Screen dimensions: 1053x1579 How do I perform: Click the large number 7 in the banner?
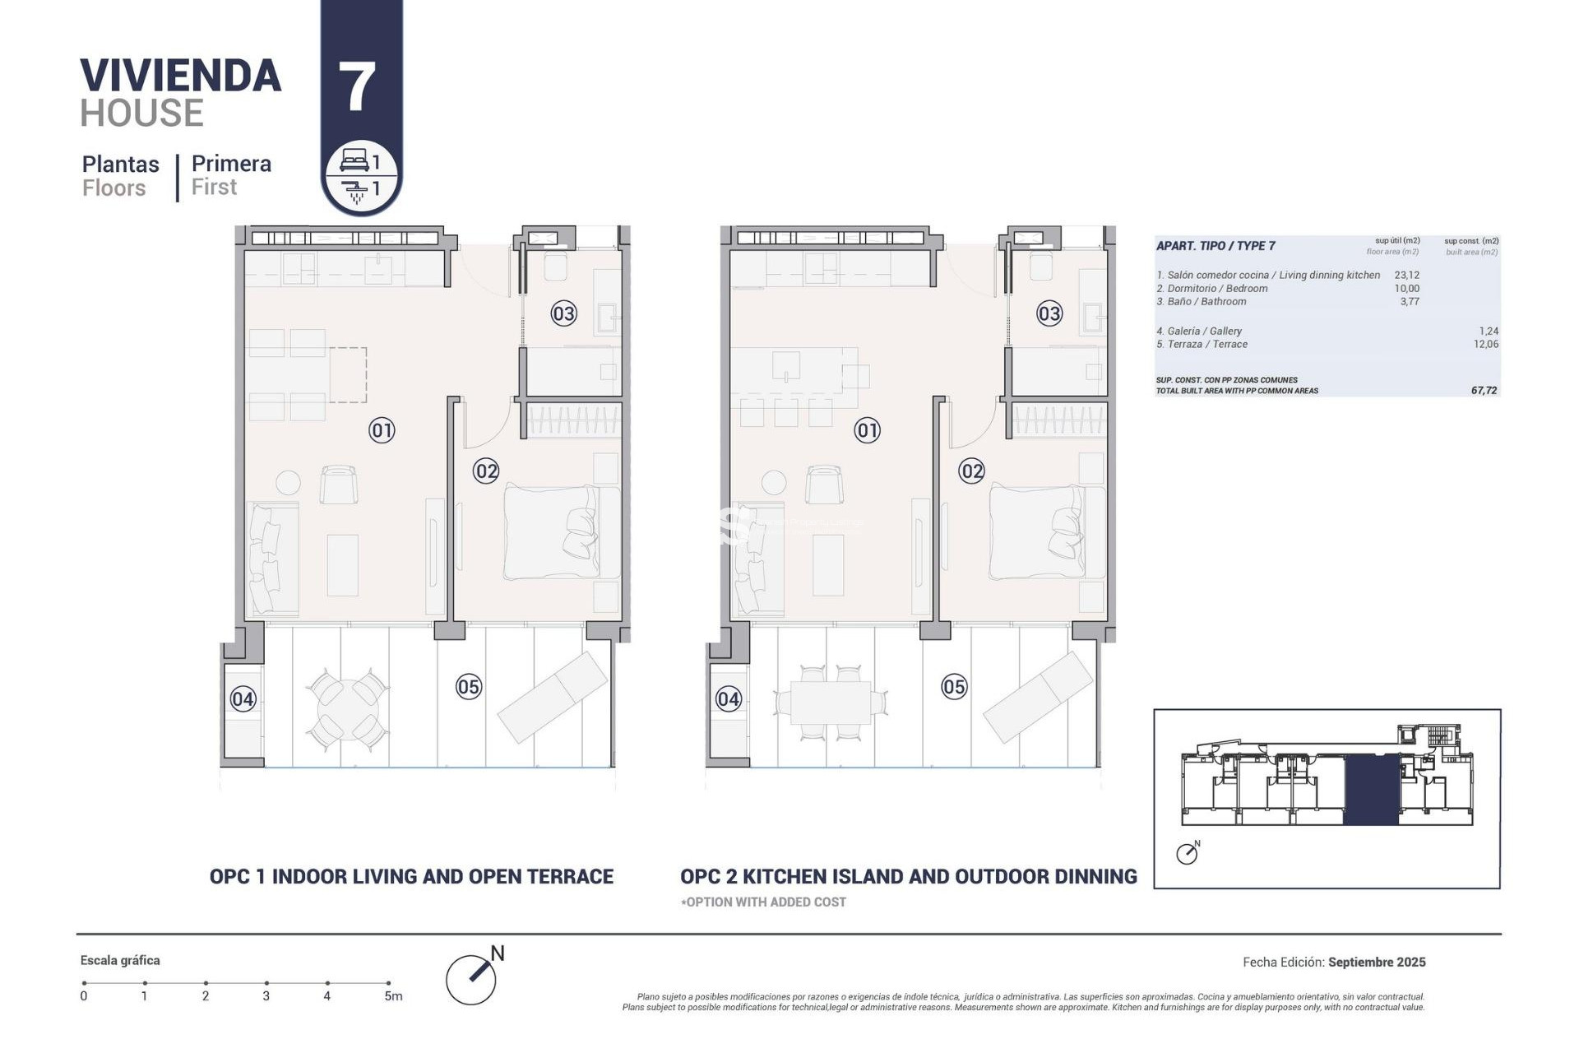[357, 87]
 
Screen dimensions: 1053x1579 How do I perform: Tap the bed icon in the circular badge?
[354, 160]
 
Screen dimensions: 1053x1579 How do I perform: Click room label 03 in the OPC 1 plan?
[563, 313]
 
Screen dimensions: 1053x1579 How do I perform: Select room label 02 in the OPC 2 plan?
[971, 471]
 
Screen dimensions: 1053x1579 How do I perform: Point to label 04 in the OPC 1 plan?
[243, 699]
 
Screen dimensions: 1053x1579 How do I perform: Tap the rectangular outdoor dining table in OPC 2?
[830, 703]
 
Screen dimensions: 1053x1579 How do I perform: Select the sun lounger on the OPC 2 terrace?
[1038, 697]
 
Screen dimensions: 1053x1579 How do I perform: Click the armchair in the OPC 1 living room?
[338, 485]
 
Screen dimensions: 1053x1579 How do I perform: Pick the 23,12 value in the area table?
[1406, 276]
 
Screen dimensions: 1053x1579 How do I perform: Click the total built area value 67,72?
[1484, 391]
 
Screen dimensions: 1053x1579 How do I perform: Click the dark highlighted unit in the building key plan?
[1371, 790]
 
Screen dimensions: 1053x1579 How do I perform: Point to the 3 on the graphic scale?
[266, 996]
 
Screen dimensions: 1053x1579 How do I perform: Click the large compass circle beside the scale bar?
[470, 979]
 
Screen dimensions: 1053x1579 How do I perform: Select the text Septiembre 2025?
[1377, 962]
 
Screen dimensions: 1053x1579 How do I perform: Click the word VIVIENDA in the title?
[181, 76]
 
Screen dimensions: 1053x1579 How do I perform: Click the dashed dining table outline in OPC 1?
[348, 375]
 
